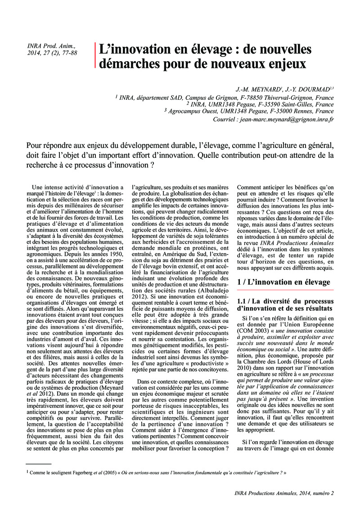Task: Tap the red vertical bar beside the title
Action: (95, 55)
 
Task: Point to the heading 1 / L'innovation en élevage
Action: (283, 282)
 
